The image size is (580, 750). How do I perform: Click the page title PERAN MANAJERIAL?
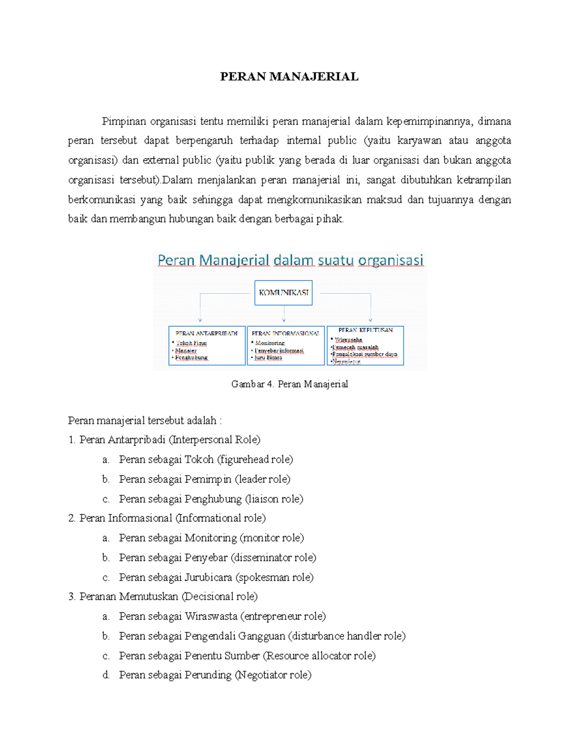point(289,77)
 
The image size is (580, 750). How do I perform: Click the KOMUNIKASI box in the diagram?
point(283,293)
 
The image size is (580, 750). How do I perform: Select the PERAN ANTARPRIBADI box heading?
point(206,333)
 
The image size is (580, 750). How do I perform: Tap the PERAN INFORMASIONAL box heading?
point(285,333)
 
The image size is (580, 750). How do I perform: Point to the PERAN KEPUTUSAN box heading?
point(365,330)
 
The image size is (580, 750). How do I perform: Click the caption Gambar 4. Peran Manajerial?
point(290,384)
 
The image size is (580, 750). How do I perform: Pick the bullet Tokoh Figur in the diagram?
point(191,343)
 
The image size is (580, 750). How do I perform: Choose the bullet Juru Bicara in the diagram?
point(268,358)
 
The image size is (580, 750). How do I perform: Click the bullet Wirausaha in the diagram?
point(348,340)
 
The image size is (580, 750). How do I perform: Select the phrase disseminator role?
point(273,558)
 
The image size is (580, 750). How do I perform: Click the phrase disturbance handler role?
point(347,636)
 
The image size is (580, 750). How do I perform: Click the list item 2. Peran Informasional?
point(167,518)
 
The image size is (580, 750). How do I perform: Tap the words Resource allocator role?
point(319,656)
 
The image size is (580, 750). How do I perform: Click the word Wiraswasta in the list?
point(211,617)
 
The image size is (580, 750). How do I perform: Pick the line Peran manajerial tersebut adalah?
point(145,421)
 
